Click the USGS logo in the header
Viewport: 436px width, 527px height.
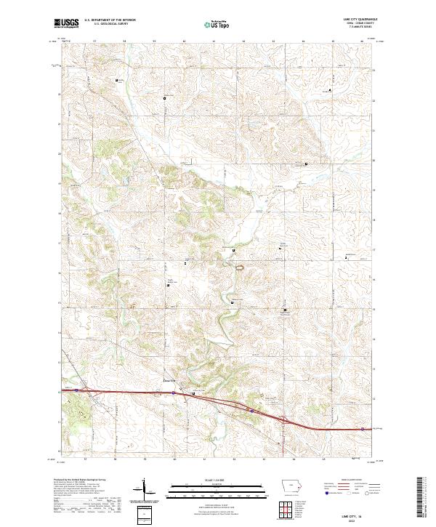coord(67,24)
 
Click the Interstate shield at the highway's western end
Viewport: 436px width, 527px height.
coord(76,389)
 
